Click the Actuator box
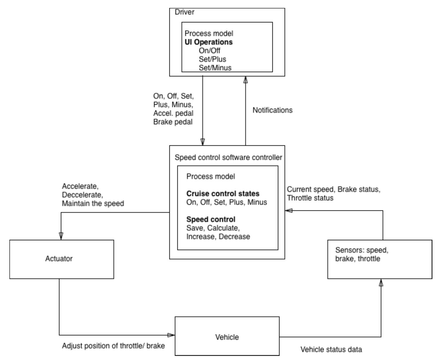coord(61,259)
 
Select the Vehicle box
coord(227,336)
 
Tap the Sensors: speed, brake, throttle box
coord(379,259)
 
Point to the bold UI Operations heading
coord(208,42)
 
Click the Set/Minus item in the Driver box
coord(215,68)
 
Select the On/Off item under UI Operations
coord(209,51)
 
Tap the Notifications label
coord(272,110)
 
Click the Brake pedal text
coord(173,122)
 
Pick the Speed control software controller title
coord(228,158)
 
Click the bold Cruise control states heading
coord(223,194)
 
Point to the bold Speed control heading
coord(211,220)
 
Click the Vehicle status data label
coord(331,350)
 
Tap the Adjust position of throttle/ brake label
coord(113,346)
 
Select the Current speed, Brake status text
coord(334,190)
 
